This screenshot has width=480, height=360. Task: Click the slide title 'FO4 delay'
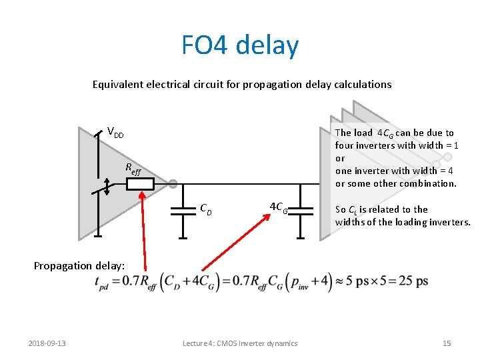coord(240,45)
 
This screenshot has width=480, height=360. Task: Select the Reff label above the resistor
coord(133,169)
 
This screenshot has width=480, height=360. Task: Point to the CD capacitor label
coord(206,209)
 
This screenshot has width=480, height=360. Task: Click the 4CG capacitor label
coord(279,207)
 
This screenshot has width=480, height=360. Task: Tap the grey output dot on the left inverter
coord(172,183)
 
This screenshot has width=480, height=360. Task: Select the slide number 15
coord(447,343)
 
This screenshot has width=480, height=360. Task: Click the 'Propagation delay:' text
coord(79,265)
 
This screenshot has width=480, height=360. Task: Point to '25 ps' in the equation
coord(413,281)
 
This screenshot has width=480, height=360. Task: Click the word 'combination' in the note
coord(427,183)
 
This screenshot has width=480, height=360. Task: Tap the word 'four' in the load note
coord(344,145)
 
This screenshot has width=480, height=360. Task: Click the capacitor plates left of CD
coord(183,210)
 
